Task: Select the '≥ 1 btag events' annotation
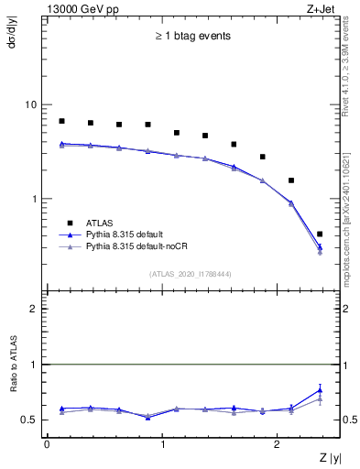pos(192,37)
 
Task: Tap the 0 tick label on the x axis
pos(47,445)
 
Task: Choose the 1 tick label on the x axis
pos(162,445)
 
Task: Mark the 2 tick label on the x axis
pos(278,445)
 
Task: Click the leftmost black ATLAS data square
pos(61,121)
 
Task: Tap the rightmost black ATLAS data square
pos(320,234)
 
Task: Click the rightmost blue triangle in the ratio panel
pos(320,390)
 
